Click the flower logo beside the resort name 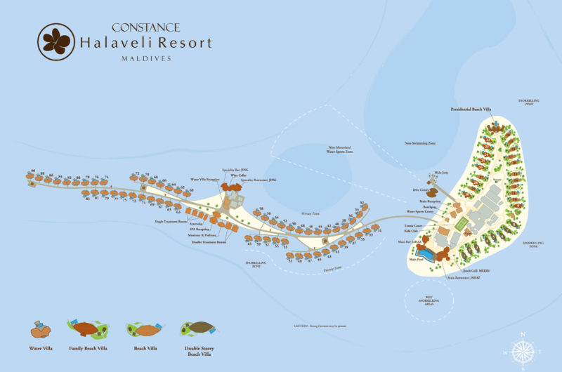tap(55, 41)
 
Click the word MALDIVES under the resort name tap(147, 58)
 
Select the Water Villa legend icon tap(41, 329)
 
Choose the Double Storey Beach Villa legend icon tap(199, 328)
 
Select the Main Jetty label tap(441, 172)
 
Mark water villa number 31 tap(379, 230)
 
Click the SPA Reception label tap(200, 230)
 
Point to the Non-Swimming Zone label tap(419, 143)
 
